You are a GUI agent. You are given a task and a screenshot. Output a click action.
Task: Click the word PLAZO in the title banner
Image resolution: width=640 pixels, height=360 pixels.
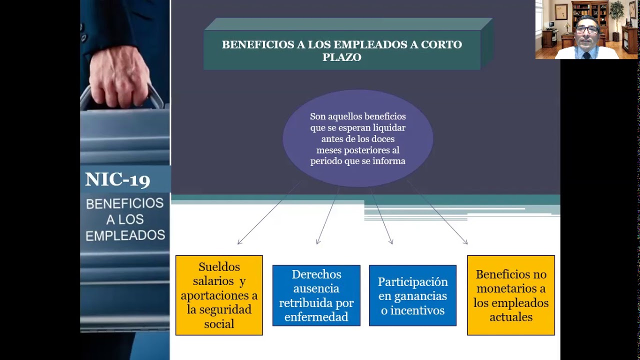point(341,57)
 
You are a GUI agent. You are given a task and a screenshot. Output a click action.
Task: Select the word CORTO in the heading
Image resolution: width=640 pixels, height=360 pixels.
point(441,44)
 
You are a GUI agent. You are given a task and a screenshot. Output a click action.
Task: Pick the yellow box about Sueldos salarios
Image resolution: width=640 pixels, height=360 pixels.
point(219,295)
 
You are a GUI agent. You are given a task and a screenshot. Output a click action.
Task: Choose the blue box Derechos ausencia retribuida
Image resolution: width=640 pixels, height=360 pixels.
point(316,295)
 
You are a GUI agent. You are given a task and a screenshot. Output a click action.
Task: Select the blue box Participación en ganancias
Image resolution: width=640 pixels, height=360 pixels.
point(412,295)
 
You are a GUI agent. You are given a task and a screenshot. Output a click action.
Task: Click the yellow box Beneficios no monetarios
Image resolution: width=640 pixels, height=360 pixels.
point(510,295)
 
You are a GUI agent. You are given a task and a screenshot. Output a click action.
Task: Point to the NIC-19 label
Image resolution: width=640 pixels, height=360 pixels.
point(117,179)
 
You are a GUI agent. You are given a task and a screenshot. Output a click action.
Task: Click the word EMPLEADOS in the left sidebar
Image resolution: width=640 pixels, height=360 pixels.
point(125,235)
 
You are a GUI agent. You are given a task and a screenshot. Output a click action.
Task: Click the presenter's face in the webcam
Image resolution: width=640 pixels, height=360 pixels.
point(586,32)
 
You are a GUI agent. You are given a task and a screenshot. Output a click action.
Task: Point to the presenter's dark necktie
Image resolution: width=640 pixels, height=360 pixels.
point(586,54)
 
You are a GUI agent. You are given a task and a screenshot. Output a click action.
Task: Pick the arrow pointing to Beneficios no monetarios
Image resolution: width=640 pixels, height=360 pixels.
point(437,212)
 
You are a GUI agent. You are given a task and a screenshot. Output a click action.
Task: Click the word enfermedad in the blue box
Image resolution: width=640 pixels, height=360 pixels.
point(316,317)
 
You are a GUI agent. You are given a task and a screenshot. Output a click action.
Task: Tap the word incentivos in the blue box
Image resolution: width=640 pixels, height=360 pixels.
point(412,310)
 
